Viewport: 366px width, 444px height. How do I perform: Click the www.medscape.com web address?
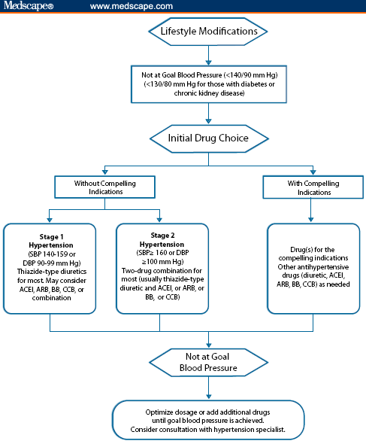(x=132, y=7)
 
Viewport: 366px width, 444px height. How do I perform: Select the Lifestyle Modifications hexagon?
(x=208, y=32)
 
